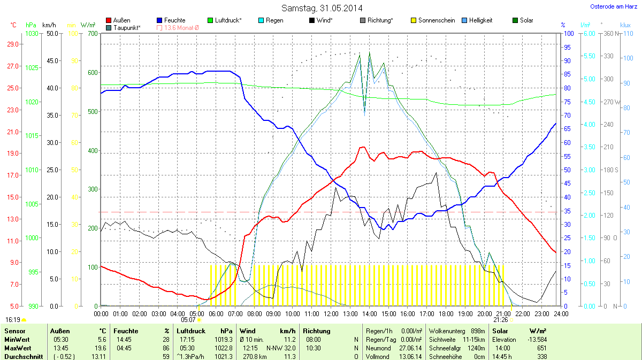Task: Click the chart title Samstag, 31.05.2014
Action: tap(322, 8)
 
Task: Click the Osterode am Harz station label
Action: tap(613, 6)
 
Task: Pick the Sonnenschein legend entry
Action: tap(436, 20)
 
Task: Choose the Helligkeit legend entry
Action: tap(480, 20)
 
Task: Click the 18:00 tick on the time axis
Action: tap(446, 313)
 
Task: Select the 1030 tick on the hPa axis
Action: tap(32, 34)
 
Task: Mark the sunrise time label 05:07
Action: tap(189, 320)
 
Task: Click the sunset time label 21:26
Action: tap(501, 320)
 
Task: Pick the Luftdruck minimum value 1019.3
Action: tap(226, 340)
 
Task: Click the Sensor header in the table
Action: tap(14, 331)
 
